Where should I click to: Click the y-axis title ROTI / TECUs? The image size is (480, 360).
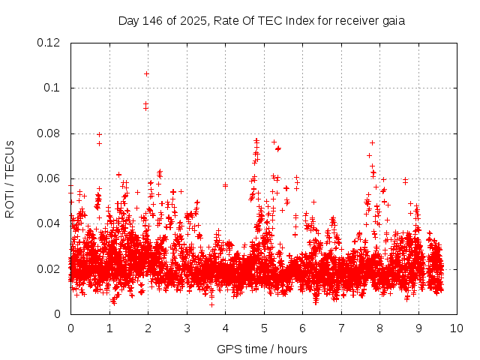tap(10, 178)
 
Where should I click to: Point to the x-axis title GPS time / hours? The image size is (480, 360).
tap(262, 349)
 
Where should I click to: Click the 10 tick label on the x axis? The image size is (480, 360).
tap(457, 328)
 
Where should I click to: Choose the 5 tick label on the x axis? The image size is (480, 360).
tap(264, 328)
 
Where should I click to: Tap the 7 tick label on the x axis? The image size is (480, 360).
tap(341, 328)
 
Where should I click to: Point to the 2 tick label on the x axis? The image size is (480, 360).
tap(148, 328)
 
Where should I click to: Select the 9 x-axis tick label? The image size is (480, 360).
tap(418, 328)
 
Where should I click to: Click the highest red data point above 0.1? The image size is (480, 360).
tap(146, 73)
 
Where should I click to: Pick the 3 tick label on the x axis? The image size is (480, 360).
tap(187, 328)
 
